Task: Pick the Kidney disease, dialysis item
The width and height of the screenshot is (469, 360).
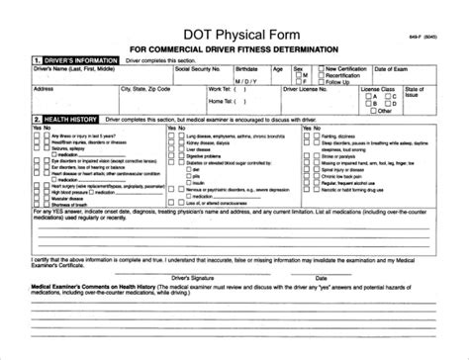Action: pos(202,145)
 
